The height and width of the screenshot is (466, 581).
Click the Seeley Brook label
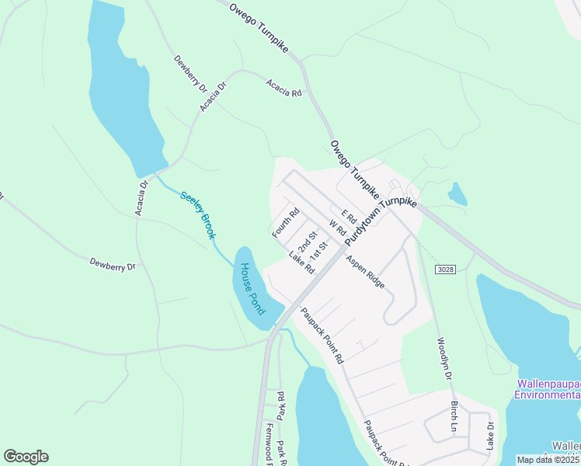tap(197, 214)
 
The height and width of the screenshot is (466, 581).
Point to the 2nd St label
tap(308, 240)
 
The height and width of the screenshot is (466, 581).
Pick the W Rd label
tap(337, 229)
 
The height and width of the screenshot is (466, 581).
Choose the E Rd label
tap(347, 215)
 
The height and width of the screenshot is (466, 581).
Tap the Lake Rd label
tap(301, 263)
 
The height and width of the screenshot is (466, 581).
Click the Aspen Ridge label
tap(365, 272)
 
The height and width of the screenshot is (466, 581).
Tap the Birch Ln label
tap(454, 416)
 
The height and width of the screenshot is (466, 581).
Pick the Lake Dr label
tap(490, 436)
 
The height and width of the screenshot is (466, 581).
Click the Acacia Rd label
tap(284, 88)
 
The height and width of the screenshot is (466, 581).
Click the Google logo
tap(26, 457)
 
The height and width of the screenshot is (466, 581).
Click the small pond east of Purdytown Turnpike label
tap(457, 193)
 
